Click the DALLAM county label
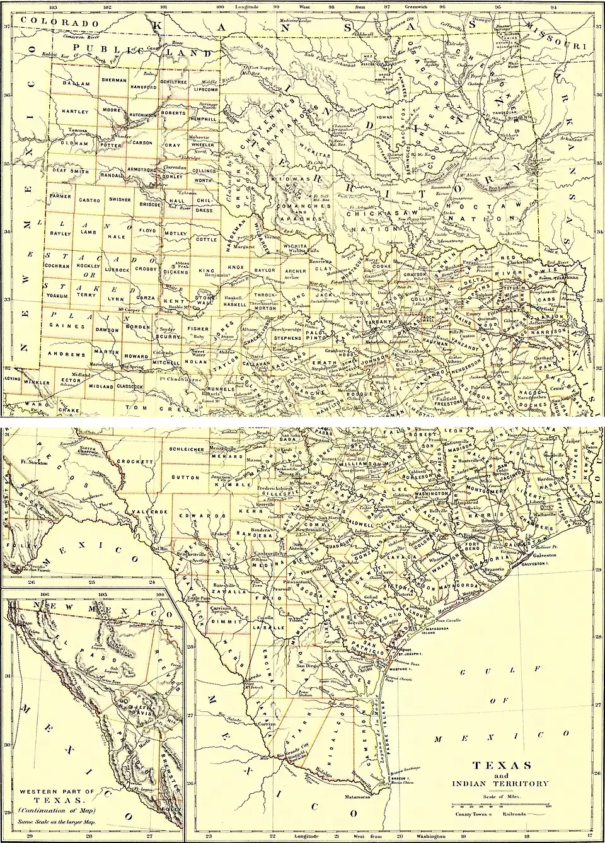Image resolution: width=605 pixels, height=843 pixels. [x=76, y=82]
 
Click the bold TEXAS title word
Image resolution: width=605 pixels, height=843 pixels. [x=502, y=765]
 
